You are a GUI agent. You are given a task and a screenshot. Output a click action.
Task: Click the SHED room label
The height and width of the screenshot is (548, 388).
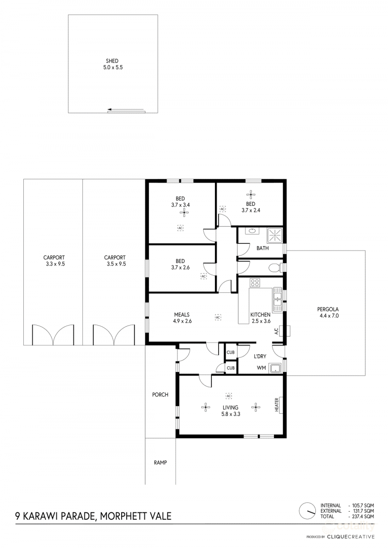(112, 61)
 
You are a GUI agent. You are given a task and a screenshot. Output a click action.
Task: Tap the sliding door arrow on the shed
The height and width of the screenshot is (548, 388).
(126, 109)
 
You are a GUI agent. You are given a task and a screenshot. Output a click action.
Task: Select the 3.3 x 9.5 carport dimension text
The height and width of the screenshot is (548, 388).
(55, 264)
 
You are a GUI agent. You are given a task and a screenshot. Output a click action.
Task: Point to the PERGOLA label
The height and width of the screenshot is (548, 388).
(328, 309)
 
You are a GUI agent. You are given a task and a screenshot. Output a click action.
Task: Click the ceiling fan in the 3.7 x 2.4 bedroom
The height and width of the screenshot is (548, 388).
(251, 195)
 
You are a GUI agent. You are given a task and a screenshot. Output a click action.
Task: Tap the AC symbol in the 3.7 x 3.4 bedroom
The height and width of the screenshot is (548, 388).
(180, 228)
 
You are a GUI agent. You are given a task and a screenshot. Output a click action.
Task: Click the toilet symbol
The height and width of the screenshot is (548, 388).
(275, 268)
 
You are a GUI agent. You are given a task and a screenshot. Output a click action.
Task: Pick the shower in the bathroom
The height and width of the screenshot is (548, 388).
(275, 235)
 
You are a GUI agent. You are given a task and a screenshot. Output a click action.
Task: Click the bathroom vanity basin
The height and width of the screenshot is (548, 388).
(252, 231)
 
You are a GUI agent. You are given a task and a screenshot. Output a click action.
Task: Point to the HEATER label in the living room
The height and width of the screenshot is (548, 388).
(277, 405)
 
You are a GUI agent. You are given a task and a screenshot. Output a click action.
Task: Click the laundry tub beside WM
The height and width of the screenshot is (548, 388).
(275, 368)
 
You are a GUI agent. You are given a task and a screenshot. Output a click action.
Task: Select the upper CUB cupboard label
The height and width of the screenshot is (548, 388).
(230, 352)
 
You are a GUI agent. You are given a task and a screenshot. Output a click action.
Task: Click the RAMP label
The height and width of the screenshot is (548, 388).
(160, 462)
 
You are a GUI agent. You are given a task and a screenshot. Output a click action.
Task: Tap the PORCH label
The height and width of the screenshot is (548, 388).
(160, 394)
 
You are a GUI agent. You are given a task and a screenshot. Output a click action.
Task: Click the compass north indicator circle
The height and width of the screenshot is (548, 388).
(307, 511)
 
